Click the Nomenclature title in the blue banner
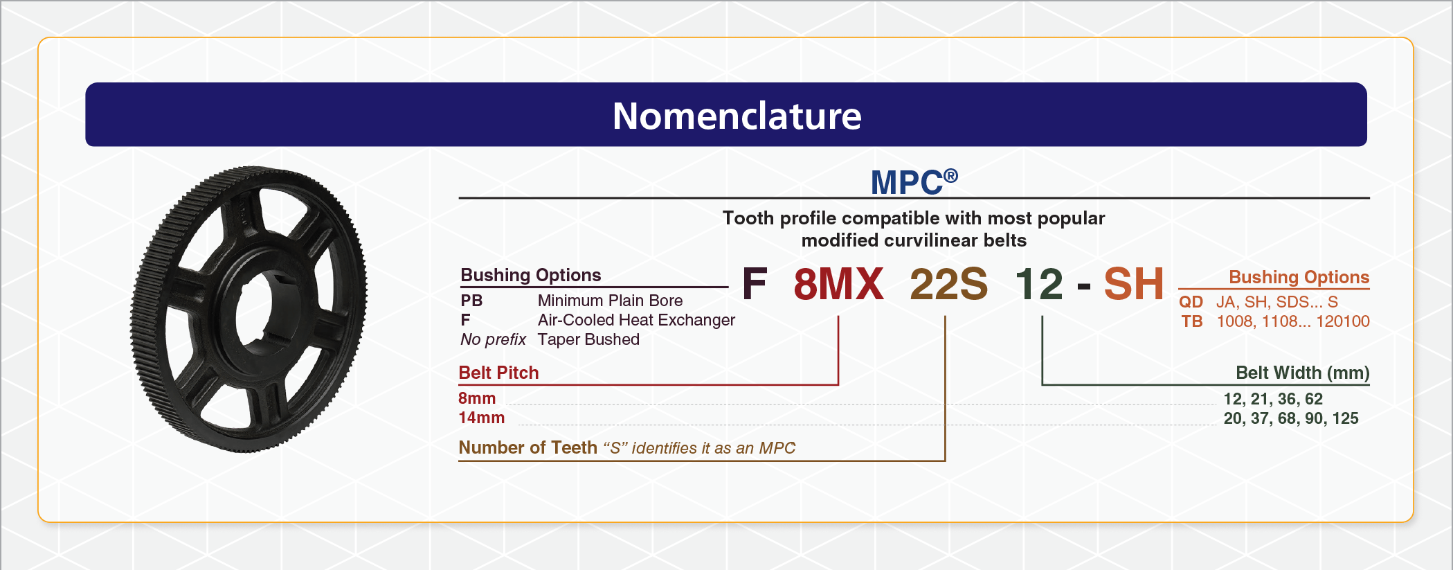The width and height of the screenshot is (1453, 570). pos(737,116)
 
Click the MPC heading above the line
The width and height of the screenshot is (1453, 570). pos(906,183)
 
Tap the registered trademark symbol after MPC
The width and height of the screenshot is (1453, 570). pos(950,176)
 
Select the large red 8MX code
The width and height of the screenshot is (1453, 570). pos(838,284)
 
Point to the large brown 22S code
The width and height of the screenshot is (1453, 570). pos(948,284)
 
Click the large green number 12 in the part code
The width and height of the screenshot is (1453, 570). pos(1039,284)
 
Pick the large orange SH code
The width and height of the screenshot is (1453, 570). pos(1134,284)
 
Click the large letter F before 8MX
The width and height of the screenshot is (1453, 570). pos(755,284)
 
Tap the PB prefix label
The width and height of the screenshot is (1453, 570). pos(471,301)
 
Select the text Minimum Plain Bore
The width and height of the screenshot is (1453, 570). pos(610,301)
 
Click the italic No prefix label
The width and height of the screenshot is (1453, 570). pos(493,339)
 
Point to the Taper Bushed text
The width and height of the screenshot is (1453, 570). pos(588,339)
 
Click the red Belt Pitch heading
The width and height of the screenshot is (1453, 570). pos(498,373)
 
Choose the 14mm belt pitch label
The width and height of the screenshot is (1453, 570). pos(481,418)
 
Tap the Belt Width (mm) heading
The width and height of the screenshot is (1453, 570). pos(1303,373)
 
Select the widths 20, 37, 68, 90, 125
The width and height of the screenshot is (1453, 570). pos(1291,418)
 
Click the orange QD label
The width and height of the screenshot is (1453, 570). pos(1191,302)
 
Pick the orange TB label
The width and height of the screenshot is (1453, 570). pos(1192,321)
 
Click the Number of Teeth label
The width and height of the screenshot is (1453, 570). pos(527,447)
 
